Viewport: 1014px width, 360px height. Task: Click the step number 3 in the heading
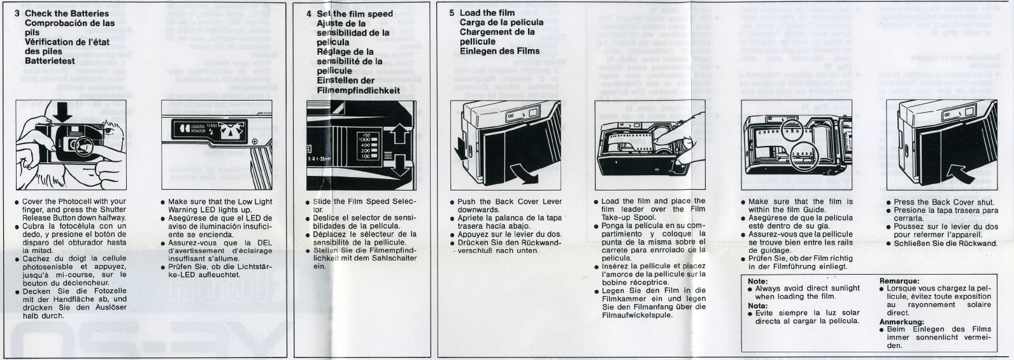(x=17, y=13)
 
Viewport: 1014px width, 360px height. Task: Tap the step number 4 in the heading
(x=309, y=13)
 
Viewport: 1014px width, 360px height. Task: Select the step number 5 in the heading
(x=452, y=13)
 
